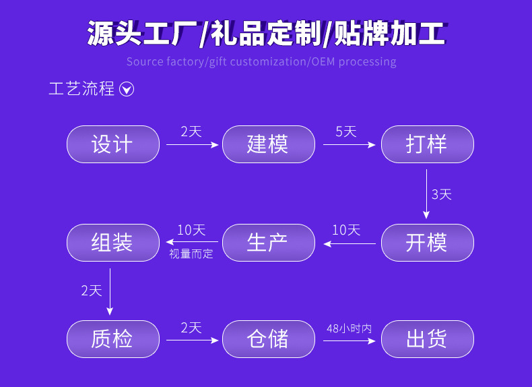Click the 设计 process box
pos(112,144)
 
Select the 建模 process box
pos(268,144)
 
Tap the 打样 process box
pos(427,144)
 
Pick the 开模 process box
pos(427,243)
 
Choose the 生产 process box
pos(268,243)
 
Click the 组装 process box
pos(112,243)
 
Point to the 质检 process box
pos(112,339)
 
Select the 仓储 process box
pos(268,339)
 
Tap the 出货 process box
pos(427,339)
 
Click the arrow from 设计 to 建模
pos(193,144)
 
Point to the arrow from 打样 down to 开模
pos(426,194)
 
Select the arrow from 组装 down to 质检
pos(110,291)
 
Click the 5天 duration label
pos(346,131)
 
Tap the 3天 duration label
pos(441,194)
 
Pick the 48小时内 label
pos(349,328)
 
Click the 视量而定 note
pos(191,254)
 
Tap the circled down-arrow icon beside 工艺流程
pos(127,89)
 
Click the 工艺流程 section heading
pos(81,89)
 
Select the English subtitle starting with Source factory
pos(261,62)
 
